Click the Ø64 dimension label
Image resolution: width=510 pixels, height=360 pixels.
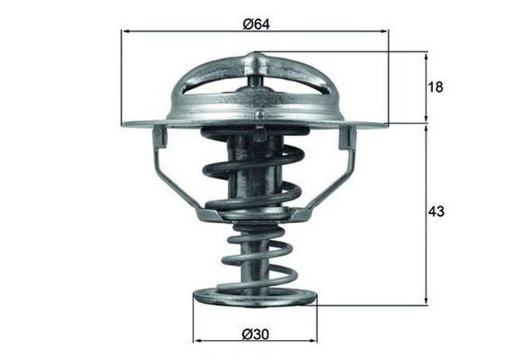[255, 24]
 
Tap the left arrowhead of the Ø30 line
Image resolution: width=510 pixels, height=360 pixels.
[197, 340]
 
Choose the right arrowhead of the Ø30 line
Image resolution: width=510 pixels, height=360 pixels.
[312, 340]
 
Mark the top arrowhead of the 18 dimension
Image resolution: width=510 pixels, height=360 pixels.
[426, 57]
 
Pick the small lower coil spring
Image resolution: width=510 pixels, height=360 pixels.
[255, 255]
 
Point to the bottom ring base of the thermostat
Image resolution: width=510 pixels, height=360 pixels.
[255, 299]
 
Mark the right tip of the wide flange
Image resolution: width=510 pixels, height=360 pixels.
[386, 124]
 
